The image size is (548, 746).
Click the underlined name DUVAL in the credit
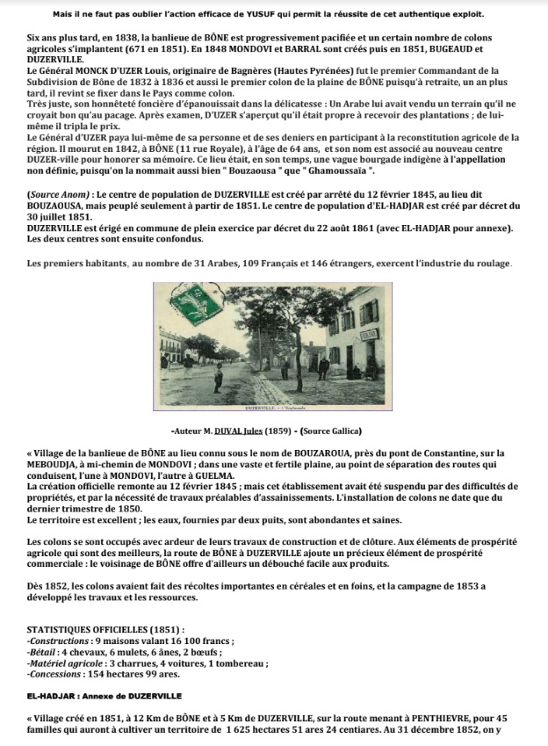[238, 431]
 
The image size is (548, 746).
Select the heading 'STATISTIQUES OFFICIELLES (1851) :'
[105, 630]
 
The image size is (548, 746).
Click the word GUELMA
[283, 498]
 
